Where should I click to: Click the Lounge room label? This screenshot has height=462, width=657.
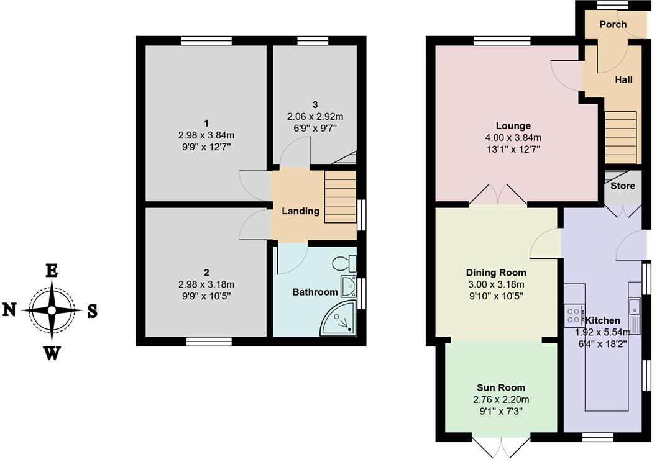coord(513,125)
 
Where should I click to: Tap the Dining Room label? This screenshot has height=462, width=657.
coord(496,273)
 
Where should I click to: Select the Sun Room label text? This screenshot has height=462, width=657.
coord(501,388)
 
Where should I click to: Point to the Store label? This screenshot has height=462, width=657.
coord(622,186)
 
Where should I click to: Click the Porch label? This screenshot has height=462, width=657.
coord(612,25)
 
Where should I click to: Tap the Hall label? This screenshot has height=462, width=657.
coord(623,79)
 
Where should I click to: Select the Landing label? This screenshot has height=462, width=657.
coord(300,211)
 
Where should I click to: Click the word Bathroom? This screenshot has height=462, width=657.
coord(315,292)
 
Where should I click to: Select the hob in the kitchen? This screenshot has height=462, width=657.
coord(572,315)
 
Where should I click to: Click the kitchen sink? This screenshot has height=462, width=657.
coord(634,307)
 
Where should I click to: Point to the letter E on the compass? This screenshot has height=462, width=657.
coord(52,270)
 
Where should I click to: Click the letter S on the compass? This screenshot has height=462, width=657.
coord(91,311)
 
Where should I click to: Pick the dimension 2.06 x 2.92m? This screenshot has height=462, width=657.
coord(315,116)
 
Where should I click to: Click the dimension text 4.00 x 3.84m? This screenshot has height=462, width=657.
coord(513,137)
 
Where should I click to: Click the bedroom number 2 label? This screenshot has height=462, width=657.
coord(206,272)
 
